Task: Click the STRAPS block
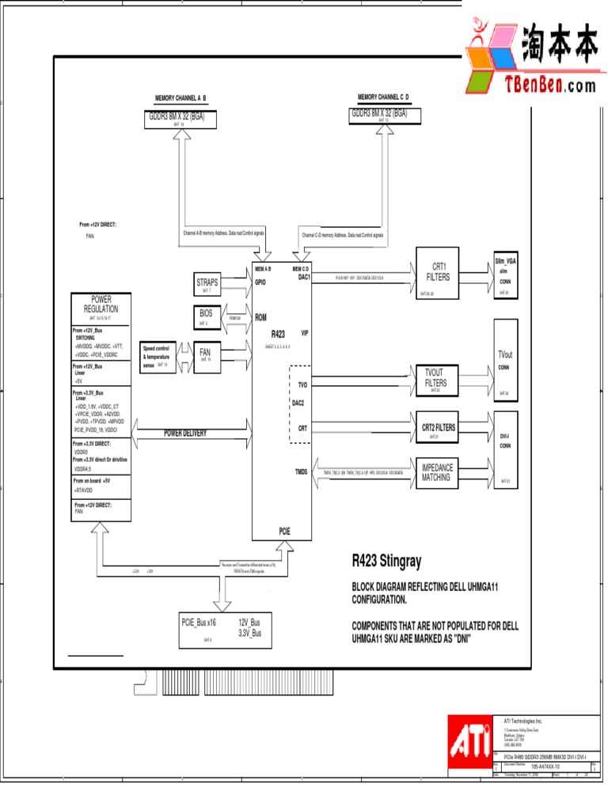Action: click(x=207, y=285)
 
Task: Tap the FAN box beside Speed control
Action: click(x=205, y=353)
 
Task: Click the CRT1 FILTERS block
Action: click(x=438, y=273)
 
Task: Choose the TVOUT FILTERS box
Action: click(x=435, y=380)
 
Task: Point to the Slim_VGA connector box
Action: click(x=505, y=276)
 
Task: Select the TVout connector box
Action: click(x=505, y=358)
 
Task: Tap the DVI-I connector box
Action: click(x=505, y=450)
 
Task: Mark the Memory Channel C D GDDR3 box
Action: click(x=385, y=115)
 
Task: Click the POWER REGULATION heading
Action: click(x=101, y=305)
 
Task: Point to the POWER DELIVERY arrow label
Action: click(x=185, y=433)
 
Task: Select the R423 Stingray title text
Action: click(x=386, y=562)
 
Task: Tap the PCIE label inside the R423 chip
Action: click(x=284, y=531)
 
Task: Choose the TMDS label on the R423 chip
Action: click(x=301, y=472)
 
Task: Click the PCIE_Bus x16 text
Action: click(x=199, y=623)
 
